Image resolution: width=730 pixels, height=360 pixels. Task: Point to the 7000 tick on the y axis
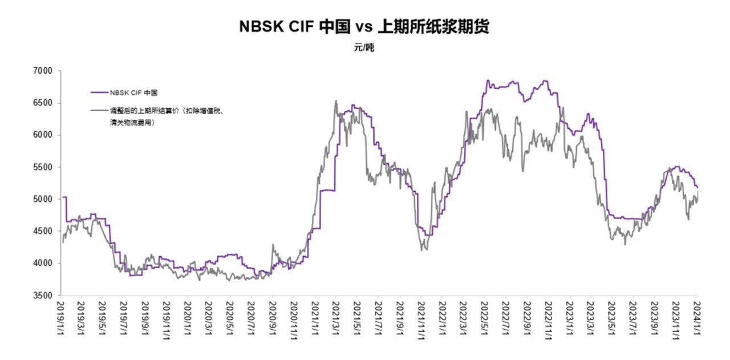(43, 71)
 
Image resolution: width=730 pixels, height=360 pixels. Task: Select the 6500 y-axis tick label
(43, 103)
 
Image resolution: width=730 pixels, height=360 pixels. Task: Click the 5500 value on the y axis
(43, 167)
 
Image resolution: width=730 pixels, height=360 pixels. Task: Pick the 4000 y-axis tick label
(43, 264)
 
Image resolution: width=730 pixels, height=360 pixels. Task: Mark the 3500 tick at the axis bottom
(43, 296)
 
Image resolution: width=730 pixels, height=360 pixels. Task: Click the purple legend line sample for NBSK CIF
(99, 91)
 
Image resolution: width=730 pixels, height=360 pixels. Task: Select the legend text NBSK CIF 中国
(133, 91)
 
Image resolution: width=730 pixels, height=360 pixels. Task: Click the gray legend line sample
(99, 111)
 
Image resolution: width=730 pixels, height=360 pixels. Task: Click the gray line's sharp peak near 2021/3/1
(336, 101)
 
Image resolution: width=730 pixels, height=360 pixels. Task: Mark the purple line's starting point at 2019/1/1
(63, 197)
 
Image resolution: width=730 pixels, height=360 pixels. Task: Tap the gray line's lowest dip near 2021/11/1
(421, 250)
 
